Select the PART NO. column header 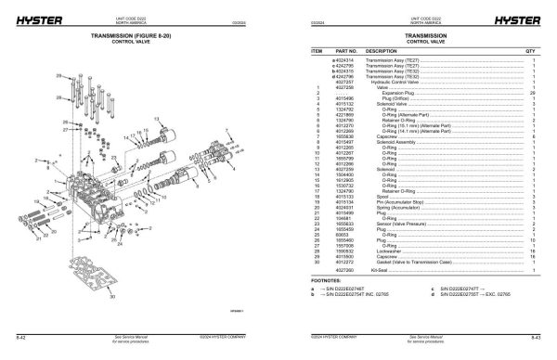pos(346,51)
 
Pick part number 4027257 pos(344,82)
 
